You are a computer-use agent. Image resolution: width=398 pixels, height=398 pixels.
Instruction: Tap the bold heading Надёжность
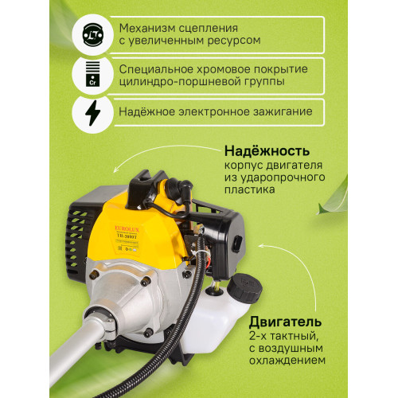[x=267, y=150]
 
